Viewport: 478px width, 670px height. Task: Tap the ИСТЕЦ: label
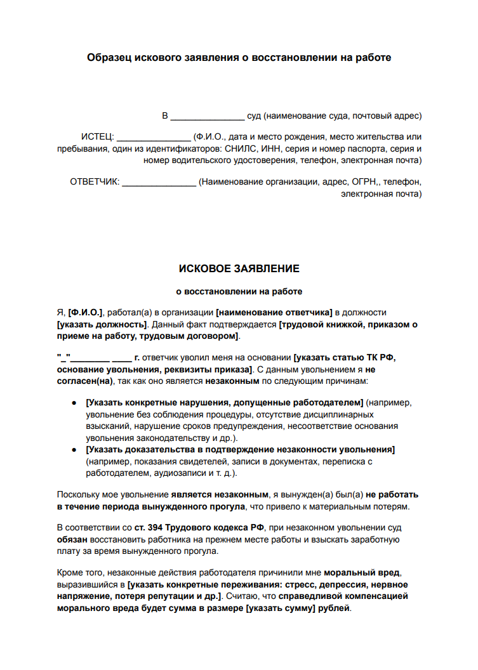coord(97,137)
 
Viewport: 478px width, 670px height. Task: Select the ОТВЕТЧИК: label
coord(95,182)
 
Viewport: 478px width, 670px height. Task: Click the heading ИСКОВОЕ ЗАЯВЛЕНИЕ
coord(239,269)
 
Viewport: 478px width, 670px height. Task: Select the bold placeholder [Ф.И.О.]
coord(86,312)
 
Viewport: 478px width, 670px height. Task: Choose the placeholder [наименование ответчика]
coord(274,312)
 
